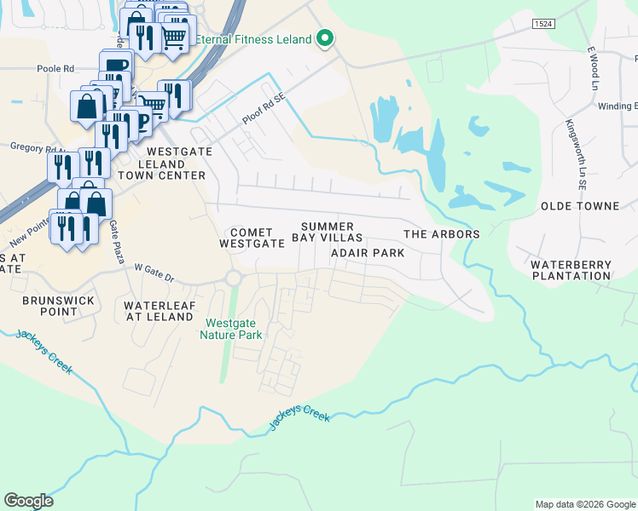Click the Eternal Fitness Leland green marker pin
pyautogui.click(x=324, y=38)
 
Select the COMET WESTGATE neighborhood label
pyautogui.click(x=252, y=238)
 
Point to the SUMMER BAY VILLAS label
pyautogui.click(x=331, y=232)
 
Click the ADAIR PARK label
pyautogui.click(x=367, y=253)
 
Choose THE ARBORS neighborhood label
pyautogui.click(x=441, y=234)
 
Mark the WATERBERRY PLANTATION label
pyautogui.click(x=571, y=270)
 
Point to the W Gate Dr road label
pyautogui.click(x=154, y=272)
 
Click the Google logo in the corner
pyautogui.click(x=28, y=501)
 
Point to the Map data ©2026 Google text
pyautogui.click(x=585, y=504)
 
